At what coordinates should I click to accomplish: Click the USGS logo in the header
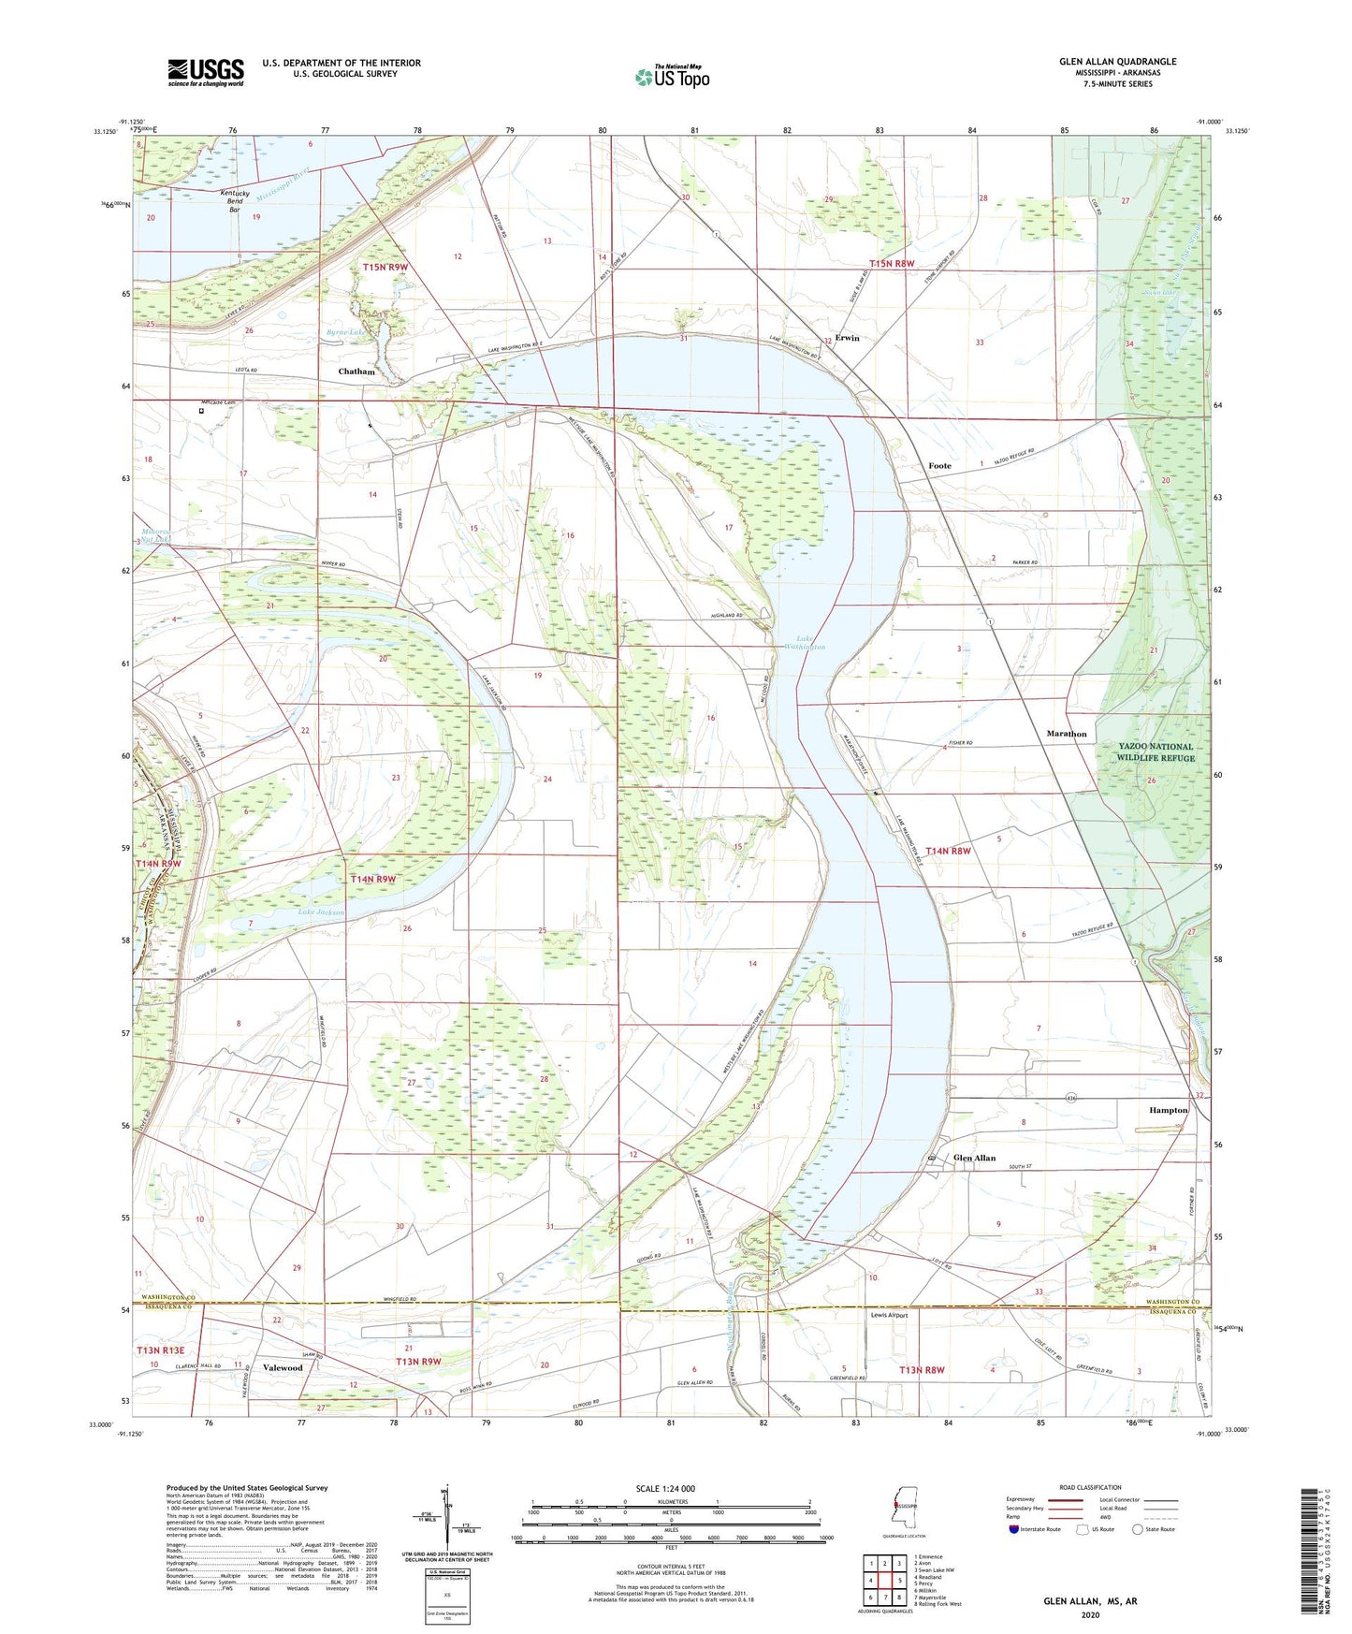206,71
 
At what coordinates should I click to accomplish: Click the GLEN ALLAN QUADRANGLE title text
1117,62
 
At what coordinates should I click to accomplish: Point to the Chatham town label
356,372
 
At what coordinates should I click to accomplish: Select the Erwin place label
847,338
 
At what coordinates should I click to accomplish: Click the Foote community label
939,465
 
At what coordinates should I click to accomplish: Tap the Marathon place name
1066,734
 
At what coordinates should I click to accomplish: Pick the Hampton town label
1168,1110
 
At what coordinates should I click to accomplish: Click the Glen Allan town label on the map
974,1158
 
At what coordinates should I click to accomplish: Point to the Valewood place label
283,1367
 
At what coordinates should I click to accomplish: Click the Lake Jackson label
321,912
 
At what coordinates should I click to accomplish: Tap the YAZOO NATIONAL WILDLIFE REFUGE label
1156,752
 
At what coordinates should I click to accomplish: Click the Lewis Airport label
889,1315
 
